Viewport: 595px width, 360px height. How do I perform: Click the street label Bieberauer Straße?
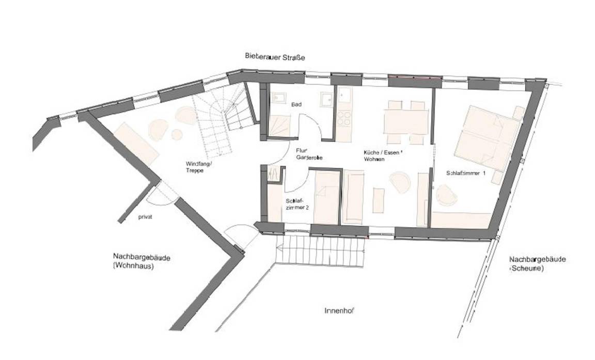(275, 57)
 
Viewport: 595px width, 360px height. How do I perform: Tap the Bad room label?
(296, 104)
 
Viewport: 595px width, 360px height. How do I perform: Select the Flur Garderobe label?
(309, 154)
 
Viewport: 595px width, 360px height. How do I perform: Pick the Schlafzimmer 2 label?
(296, 204)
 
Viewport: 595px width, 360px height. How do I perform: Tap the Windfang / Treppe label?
(198, 166)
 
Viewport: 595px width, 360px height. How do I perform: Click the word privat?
(145, 217)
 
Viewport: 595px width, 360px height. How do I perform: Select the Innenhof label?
(339, 311)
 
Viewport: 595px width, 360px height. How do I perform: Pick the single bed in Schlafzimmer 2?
(326, 198)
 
